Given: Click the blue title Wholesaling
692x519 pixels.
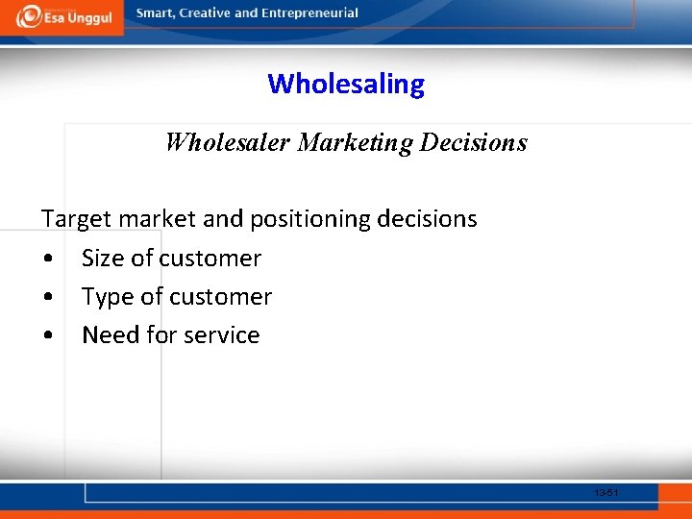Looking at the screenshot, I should [346, 85].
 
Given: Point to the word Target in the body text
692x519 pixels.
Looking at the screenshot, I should [77, 220].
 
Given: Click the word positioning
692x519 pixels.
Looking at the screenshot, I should [309, 220].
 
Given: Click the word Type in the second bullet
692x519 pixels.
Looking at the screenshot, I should [108, 298].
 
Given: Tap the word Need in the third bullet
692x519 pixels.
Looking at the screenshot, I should [110, 335].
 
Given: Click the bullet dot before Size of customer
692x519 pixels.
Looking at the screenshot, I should [47, 259].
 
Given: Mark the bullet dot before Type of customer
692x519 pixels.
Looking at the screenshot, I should [47, 298].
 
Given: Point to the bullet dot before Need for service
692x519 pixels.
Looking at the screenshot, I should [47, 336].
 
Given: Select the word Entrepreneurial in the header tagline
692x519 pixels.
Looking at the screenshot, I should [310, 13].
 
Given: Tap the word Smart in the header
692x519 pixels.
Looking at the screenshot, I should [155, 13].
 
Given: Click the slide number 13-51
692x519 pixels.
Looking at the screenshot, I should [605, 493].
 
